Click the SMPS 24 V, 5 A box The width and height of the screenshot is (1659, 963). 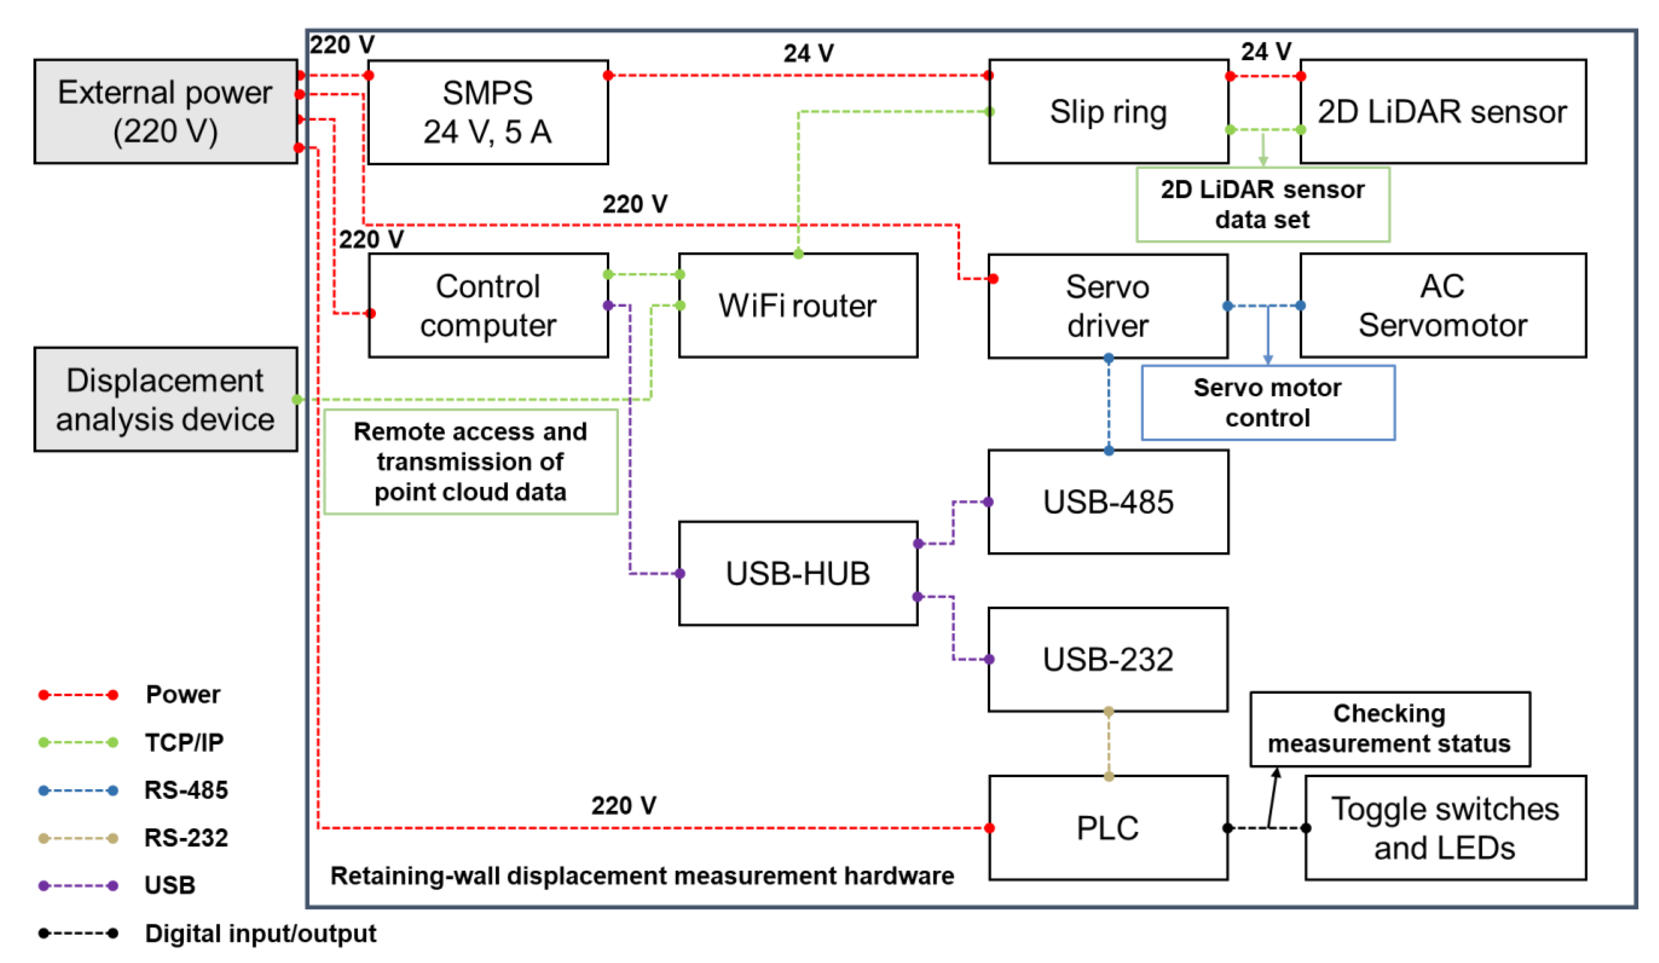pos(488,112)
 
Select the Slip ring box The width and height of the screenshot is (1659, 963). pos(1108,112)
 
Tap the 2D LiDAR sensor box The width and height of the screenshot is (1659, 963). pos(1443,112)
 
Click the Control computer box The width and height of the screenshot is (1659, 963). pos(488,305)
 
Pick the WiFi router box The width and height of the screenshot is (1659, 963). pos(798,305)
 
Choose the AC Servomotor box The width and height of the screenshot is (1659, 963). pos(1443,305)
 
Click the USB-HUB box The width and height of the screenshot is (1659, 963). pos(798,573)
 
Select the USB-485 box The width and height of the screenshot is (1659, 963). pos(1108,502)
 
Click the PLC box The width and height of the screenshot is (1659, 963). pos(1108,827)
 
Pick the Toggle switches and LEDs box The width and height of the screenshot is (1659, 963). pos(1445,827)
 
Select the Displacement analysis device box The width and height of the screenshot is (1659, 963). pos(165,400)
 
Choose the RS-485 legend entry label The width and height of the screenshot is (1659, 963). pos(186,790)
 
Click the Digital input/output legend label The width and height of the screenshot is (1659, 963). pos(261,933)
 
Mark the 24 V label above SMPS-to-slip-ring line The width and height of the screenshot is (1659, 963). pos(808,53)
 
